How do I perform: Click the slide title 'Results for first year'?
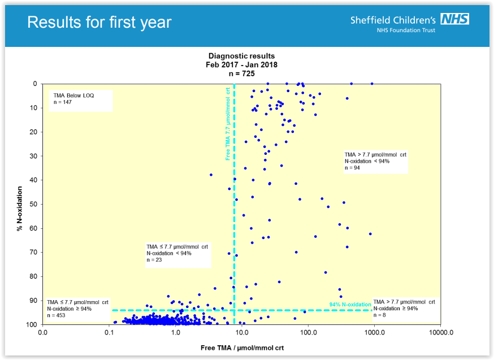click(99, 22)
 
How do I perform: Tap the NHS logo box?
click(454, 19)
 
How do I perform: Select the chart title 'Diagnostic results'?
click(241, 56)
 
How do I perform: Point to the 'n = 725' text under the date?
click(241, 73)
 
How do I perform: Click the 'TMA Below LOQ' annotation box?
click(80, 99)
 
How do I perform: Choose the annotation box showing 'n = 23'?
click(177, 254)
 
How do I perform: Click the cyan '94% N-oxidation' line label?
click(350, 305)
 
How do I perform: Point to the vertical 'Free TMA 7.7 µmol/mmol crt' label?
click(228, 124)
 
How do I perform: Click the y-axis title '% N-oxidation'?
click(19, 204)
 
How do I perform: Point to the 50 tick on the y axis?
click(33, 204)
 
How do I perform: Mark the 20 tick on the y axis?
click(33, 132)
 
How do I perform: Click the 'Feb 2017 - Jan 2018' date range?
click(241, 64)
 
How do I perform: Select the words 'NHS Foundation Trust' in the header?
click(406, 31)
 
